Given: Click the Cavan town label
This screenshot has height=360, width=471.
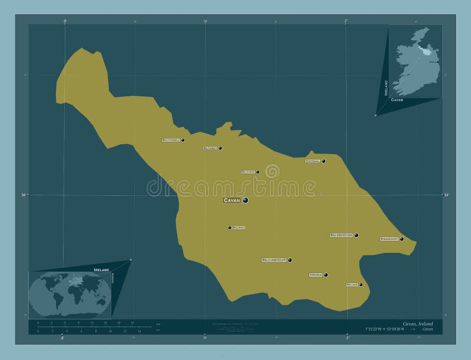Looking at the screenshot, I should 232,201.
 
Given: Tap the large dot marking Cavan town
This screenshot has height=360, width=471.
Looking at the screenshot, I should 245,200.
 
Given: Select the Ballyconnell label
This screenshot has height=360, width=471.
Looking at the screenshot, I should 171,140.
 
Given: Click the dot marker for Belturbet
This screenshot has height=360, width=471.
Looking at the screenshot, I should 220,148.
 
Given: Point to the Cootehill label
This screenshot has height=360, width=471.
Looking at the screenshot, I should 312,161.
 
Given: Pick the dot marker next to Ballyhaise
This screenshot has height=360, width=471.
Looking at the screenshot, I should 257,172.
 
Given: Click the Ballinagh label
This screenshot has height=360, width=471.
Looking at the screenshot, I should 238,227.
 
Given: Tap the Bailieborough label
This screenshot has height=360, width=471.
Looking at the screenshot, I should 341,235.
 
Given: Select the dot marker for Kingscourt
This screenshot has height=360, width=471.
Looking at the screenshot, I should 402,239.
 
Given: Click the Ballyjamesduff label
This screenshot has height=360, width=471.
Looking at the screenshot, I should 274,259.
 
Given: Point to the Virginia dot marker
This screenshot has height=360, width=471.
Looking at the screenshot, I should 326,275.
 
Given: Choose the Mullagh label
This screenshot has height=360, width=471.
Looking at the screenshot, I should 352,285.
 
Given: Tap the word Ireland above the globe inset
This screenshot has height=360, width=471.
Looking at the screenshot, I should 101,269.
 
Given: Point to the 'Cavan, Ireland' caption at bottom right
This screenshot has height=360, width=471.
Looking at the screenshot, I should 418,324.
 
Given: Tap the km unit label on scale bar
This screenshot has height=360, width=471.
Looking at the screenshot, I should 158,325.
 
